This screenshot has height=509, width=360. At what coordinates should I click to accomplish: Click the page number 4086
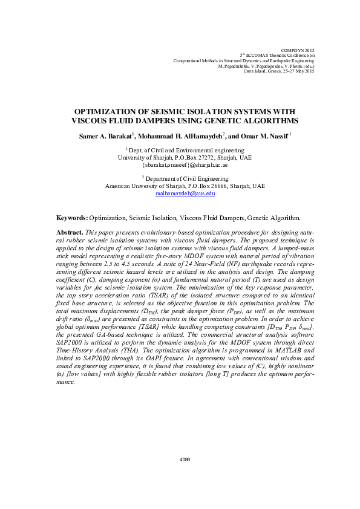point(185,460)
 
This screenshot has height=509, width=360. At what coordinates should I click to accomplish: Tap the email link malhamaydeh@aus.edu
point(185,193)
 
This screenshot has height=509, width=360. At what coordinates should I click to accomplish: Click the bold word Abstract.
point(69,233)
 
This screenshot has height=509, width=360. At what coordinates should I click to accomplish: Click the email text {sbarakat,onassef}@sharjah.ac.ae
point(185,164)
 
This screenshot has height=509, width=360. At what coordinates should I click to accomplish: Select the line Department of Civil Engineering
point(187,179)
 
